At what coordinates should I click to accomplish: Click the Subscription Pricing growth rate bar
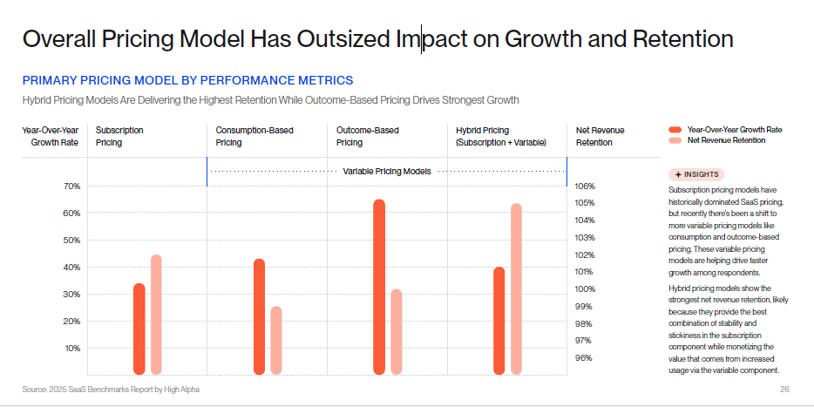coord(139,329)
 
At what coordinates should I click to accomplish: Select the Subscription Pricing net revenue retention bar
coord(156,315)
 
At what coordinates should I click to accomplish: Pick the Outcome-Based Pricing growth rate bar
coord(379,287)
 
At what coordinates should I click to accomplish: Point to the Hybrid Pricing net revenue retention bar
coord(516,288)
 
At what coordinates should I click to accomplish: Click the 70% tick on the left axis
coord(47,187)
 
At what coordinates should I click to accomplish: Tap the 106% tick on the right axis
coord(585,186)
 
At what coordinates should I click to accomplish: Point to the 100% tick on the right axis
coord(585,289)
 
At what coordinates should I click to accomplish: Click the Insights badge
coord(696,174)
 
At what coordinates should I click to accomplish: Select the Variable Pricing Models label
coord(387,172)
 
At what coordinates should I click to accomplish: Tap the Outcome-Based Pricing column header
coord(362,136)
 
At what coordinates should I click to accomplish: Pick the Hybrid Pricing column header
coord(500,136)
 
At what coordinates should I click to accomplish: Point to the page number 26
coord(784,389)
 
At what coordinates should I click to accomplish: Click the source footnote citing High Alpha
coord(111,389)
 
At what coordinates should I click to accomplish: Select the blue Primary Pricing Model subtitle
coord(187,80)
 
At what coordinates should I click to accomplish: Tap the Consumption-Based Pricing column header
coord(254,136)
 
